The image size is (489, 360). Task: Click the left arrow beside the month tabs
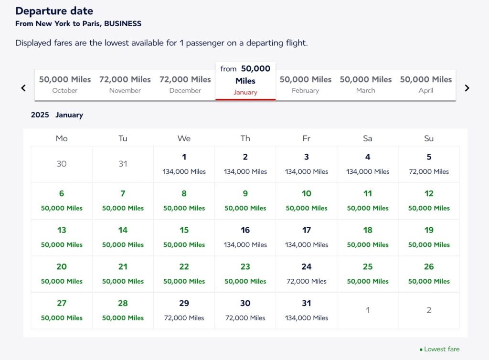[23, 88]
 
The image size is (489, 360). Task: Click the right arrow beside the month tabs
[467, 88]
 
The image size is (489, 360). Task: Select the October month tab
[65, 85]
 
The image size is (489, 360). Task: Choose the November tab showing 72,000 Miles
[125, 85]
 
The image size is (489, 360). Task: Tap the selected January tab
[245, 81]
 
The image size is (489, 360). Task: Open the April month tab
[426, 85]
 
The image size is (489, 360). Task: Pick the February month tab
[306, 85]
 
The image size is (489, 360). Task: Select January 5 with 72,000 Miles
[429, 164]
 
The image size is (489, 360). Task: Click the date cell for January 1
[184, 164]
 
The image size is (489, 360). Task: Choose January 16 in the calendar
[245, 237]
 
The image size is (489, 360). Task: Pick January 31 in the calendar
[307, 310]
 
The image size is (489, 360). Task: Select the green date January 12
[429, 201]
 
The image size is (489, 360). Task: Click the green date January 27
[62, 310]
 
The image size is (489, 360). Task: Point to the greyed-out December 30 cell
[62, 164]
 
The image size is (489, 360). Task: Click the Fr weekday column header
[307, 138]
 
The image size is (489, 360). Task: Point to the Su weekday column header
[429, 138]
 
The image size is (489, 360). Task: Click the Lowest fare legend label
[442, 349]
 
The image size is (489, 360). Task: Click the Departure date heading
[54, 11]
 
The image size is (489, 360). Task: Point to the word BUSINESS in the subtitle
[123, 23]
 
